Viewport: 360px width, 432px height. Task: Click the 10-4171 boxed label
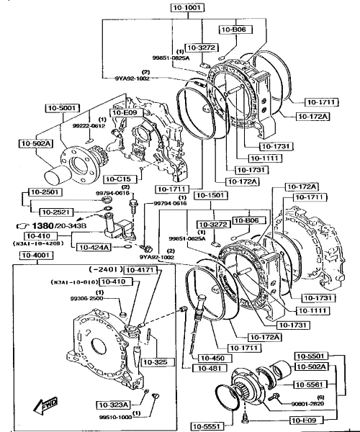pyautogui.click(x=139, y=270)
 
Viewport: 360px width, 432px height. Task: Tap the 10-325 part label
pyautogui.click(x=154, y=361)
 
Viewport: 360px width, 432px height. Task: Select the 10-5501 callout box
pyautogui.click(x=312, y=356)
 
